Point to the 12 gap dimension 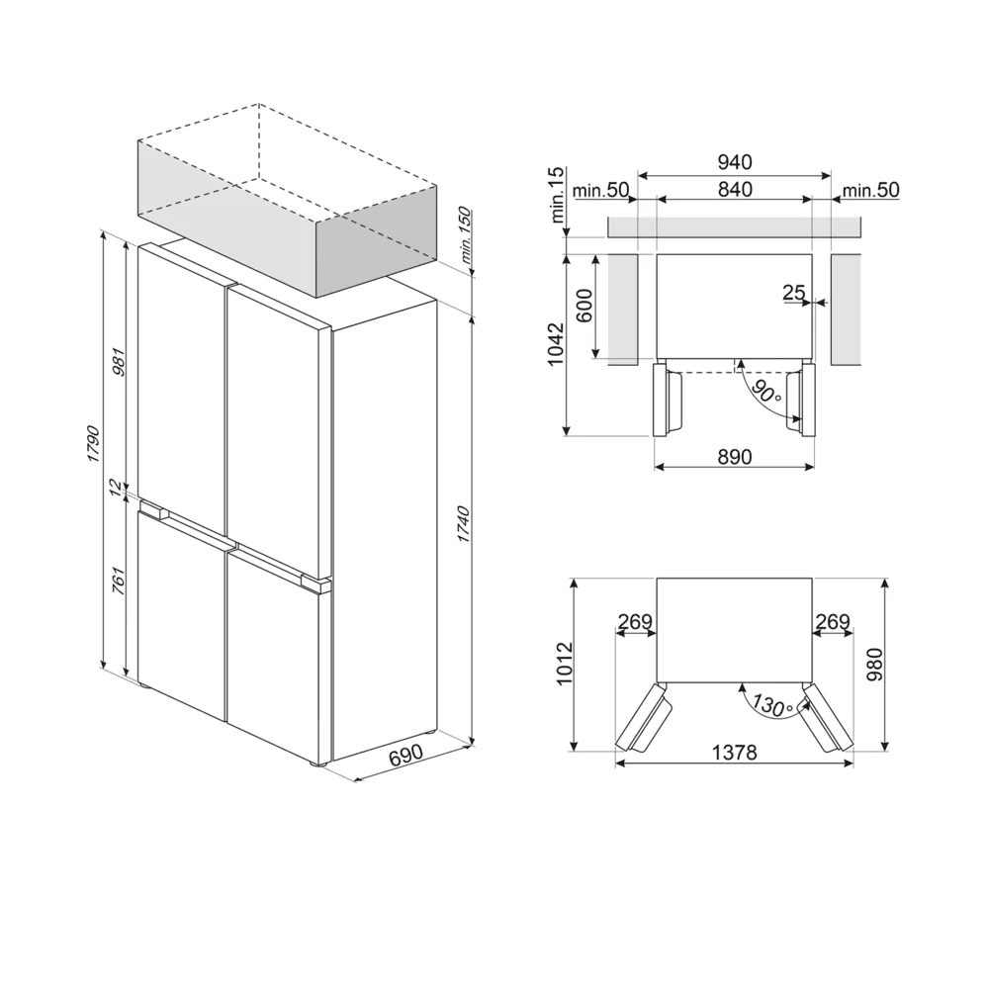(x=116, y=487)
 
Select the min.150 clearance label (x=465, y=238)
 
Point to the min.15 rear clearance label (x=558, y=195)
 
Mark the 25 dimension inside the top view (x=793, y=293)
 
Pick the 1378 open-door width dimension (x=735, y=753)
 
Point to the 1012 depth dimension (x=564, y=667)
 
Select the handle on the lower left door (x=155, y=511)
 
